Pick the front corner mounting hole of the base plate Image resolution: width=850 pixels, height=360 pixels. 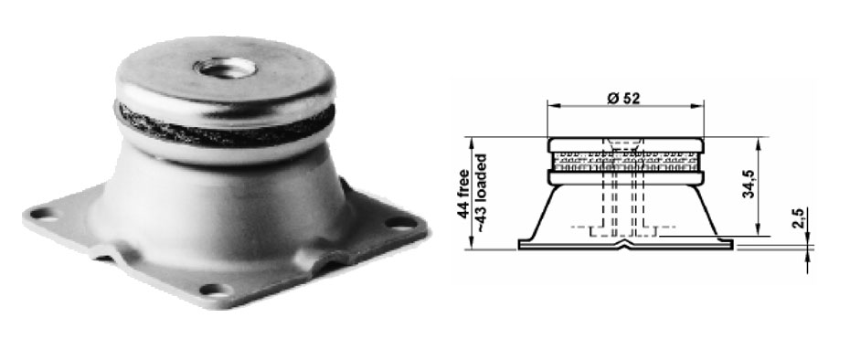click(213, 290)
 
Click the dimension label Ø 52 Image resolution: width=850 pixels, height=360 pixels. click(622, 98)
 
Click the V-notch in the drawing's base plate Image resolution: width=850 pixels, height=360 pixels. click(626, 243)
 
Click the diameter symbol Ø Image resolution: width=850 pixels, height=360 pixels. click(611, 98)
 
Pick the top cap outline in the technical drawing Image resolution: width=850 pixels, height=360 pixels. click(626, 143)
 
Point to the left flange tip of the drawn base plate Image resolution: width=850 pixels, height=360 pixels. click(522, 244)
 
